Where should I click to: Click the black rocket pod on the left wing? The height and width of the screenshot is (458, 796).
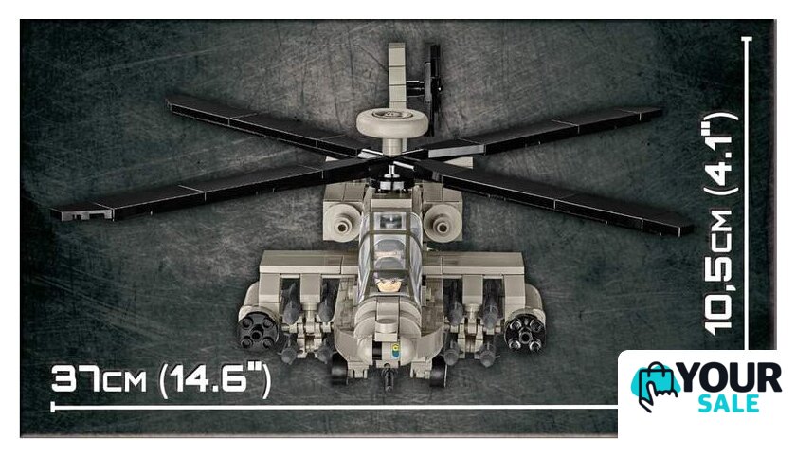pyautogui.click(x=259, y=332)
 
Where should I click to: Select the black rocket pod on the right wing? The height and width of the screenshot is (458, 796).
pyautogui.click(x=524, y=333)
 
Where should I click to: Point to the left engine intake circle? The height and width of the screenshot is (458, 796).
pyautogui.click(x=343, y=225)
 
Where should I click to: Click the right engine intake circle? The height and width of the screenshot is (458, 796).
pyautogui.click(x=442, y=225)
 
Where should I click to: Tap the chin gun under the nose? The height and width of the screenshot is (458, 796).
pyautogui.click(x=389, y=378)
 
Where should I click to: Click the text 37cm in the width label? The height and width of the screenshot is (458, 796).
pyautogui.click(x=99, y=379)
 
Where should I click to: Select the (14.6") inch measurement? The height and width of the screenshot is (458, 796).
pyautogui.click(x=215, y=380)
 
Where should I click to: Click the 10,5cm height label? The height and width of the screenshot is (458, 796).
pyautogui.click(x=720, y=273)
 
